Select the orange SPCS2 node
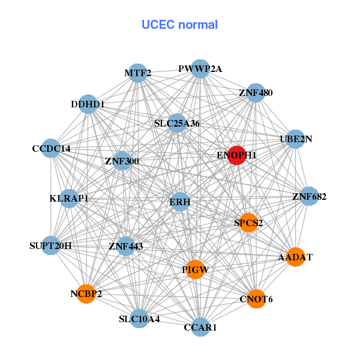tap(248, 222)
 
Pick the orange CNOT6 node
tap(256, 298)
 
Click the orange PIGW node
tap(194, 269)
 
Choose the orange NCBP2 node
tap(86, 293)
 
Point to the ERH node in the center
tap(180, 202)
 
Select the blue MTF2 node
tap(138, 73)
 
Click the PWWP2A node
tap(200, 68)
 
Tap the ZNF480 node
tap(256, 92)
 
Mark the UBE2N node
tap(296, 139)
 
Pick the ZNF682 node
tap(309, 196)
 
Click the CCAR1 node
tap(200, 327)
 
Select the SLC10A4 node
tap(139, 318)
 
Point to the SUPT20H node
tap(51, 245)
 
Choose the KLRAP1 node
tap(69, 198)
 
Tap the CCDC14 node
tap(51, 148)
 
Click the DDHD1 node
tap(88, 104)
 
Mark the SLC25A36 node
tap(176, 124)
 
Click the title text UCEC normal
tap(179, 25)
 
